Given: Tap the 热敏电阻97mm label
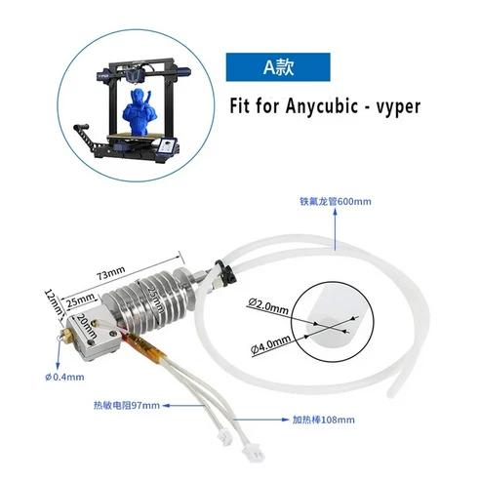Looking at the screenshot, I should point(124,402).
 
